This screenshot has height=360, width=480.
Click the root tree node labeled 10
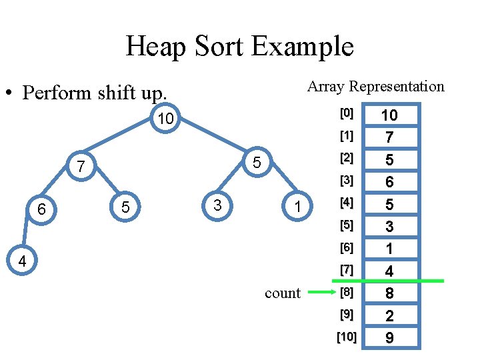tap(165, 118)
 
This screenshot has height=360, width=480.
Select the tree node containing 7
tap(81, 166)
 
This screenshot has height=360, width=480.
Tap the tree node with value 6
tap(41, 209)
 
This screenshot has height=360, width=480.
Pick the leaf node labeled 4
tap(22, 260)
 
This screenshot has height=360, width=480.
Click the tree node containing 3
tap(217, 206)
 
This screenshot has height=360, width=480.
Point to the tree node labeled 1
tap(297, 206)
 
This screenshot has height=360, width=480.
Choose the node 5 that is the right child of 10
tap(257, 162)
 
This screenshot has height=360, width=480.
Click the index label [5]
tap(347, 225)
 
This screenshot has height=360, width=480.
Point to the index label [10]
tap(347, 337)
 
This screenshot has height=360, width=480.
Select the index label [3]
tap(347, 181)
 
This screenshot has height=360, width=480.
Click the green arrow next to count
tap(322, 292)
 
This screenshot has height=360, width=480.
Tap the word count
tap(283, 293)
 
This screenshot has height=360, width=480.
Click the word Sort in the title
tap(219, 46)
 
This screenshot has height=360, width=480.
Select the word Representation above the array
tap(397, 87)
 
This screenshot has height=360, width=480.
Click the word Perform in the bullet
tap(57, 93)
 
